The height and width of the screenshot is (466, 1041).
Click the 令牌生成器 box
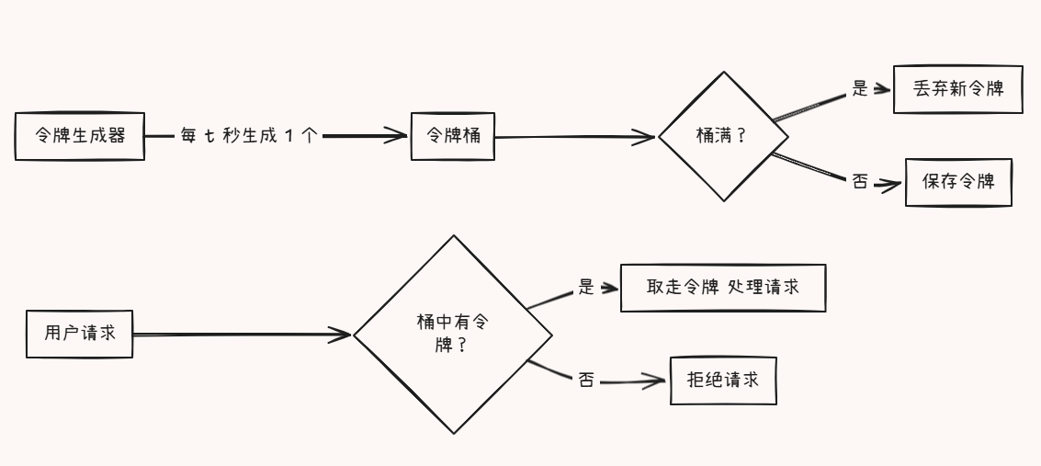coord(80,137)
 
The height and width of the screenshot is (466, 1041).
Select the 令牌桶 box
coord(452,136)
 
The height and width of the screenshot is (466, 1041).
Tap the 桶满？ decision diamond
coord(722,136)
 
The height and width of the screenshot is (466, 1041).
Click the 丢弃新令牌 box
coord(957,90)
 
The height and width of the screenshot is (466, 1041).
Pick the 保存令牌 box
coord(958,182)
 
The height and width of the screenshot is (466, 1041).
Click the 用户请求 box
coord(79,334)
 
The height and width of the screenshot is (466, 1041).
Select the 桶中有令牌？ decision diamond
coord(454,334)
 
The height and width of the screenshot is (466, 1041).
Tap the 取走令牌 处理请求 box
coord(723,288)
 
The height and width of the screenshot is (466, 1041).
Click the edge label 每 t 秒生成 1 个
coord(249,136)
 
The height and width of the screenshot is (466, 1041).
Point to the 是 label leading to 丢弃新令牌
coord(860,89)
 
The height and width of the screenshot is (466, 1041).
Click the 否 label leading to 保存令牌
coord(860,182)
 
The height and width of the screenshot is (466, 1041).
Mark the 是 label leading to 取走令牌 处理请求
coord(586,287)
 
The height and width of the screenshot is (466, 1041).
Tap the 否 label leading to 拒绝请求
coord(586,379)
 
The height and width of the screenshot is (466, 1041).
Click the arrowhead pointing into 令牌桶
coord(397,136)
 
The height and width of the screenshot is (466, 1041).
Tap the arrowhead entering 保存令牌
coord(891,184)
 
